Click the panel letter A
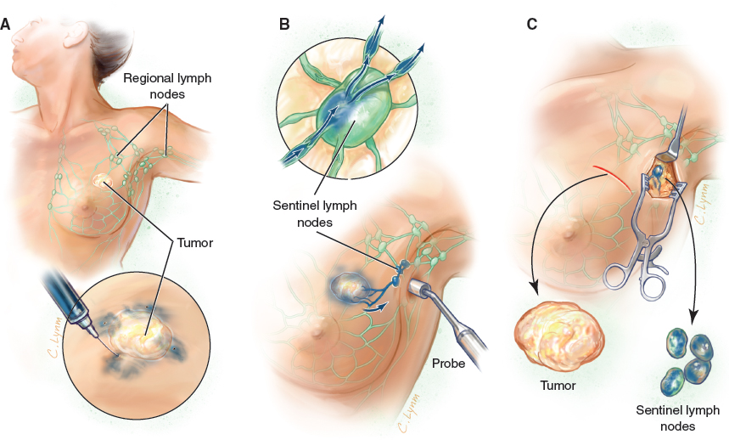[6, 24]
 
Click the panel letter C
[532, 24]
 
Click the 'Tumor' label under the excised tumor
[558, 386]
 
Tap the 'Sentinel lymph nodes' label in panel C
[677, 417]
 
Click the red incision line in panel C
[615, 172]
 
